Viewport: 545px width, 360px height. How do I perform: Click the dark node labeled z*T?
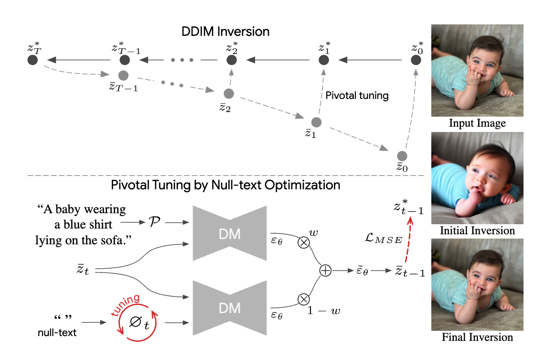tap(32, 60)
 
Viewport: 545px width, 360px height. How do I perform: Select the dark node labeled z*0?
tap(416, 60)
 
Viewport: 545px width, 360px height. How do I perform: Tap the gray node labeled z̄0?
tap(402, 156)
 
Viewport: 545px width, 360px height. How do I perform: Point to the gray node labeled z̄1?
tap(315, 122)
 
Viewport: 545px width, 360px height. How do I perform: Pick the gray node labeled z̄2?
tap(228, 93)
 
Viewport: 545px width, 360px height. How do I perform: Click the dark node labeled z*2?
tap(232, 60)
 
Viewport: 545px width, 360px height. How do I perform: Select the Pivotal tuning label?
tap(357, 96)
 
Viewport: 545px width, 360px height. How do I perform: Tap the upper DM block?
tap(230, 233)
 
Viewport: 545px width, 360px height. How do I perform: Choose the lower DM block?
tap(230, 307)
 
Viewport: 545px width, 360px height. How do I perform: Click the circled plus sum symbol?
tap(325, 271)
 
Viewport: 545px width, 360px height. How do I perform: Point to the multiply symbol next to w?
tap(303, 242)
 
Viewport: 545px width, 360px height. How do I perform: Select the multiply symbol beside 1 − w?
tap(303, 300)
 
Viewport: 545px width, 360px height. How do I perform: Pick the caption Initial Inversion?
tap(477, 230)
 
